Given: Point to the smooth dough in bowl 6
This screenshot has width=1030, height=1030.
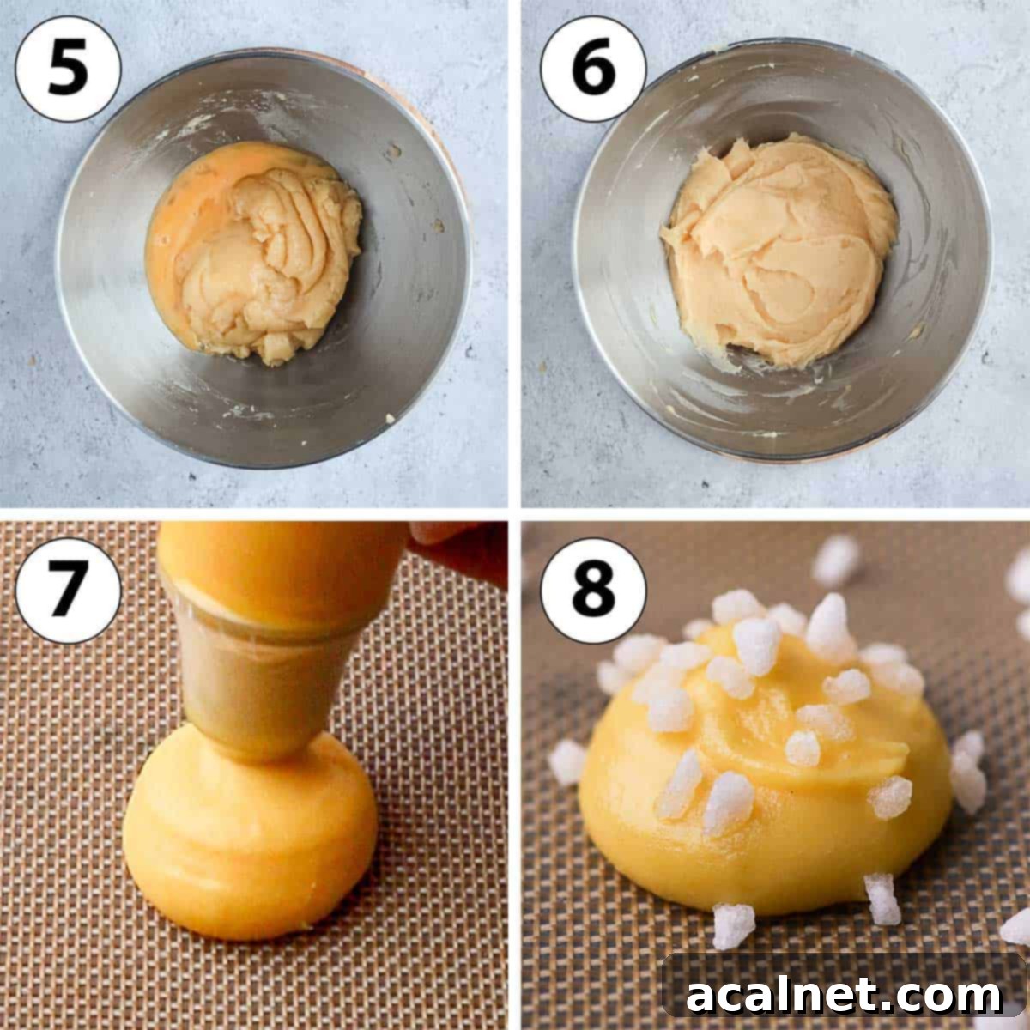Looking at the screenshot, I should [x=777, y=249].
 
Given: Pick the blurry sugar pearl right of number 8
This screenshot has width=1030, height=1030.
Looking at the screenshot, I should [x=837, y=558].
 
